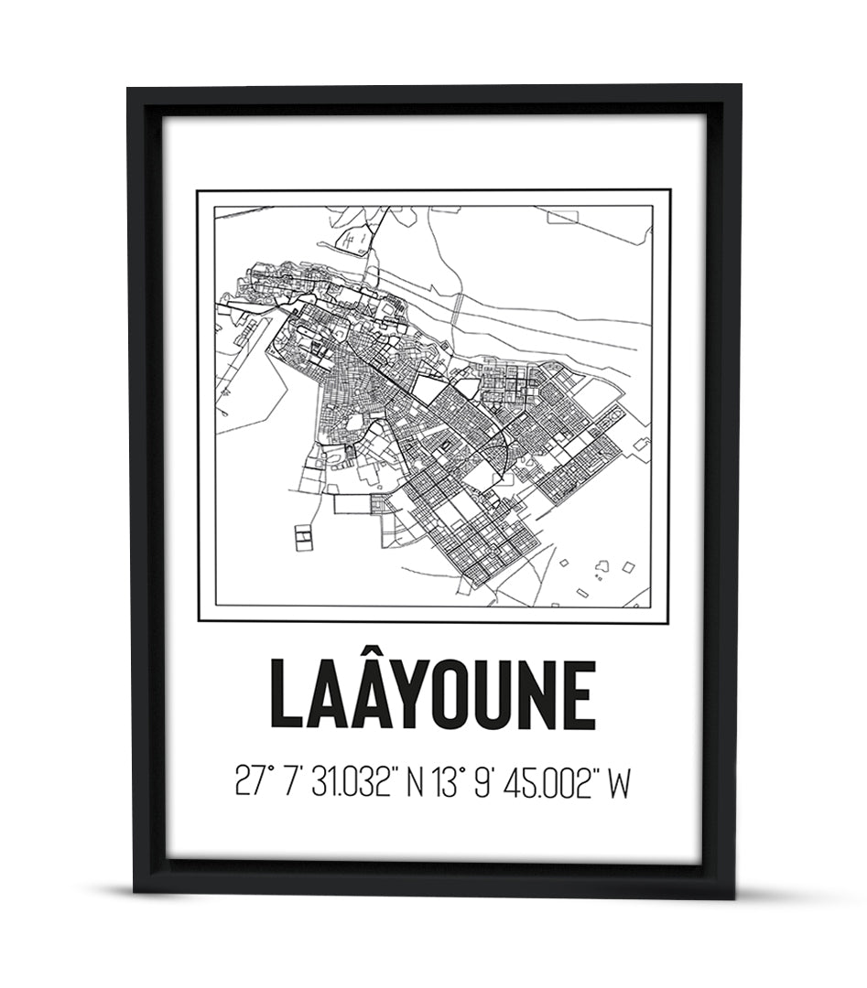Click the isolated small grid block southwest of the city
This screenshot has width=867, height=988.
coord(303,538)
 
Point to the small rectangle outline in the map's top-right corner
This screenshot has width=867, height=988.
coord(563,216)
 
